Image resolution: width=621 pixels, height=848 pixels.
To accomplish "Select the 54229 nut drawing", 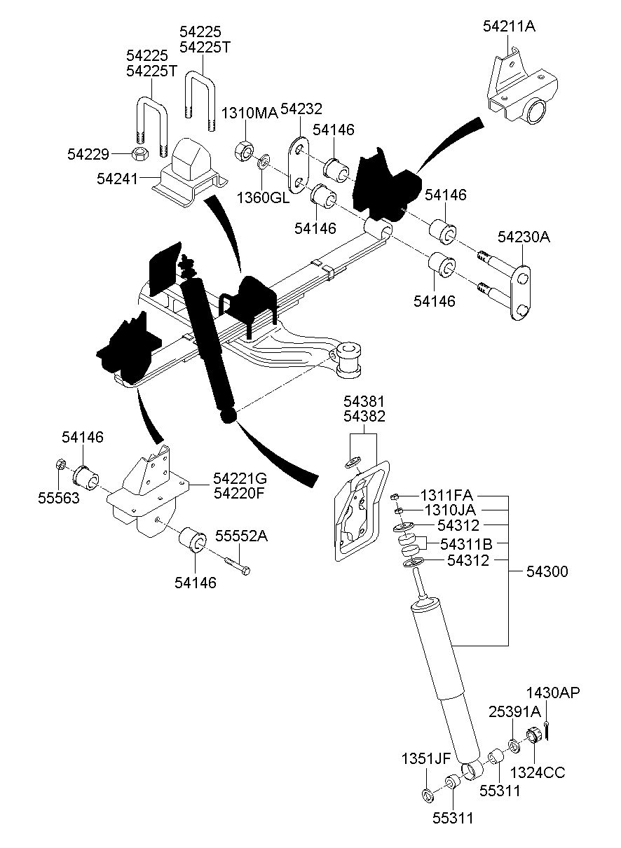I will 140,152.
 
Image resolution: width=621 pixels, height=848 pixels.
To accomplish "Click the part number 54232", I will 301,109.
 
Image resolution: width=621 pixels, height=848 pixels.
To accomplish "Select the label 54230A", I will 524,237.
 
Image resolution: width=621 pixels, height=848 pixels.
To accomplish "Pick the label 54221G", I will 240,478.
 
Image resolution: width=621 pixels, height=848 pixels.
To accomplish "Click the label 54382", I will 364,417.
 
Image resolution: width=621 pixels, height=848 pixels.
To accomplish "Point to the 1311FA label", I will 446,495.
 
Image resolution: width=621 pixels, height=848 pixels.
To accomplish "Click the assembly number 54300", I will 547,572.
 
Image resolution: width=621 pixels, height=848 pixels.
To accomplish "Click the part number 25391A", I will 514,711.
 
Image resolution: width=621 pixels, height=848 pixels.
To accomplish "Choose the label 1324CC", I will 537,772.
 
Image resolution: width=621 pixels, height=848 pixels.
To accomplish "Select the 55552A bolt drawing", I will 236,565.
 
